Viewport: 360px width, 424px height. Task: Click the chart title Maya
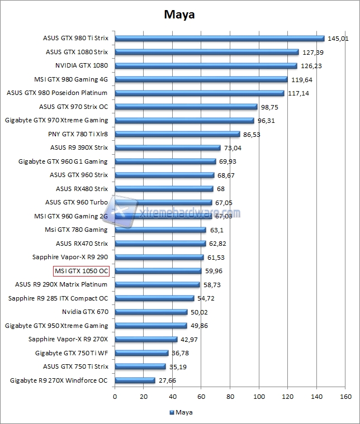click(x=179, y=15)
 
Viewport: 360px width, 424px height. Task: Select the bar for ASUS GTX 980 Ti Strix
click(x=220, y=39)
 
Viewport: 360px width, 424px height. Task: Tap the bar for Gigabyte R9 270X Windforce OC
click(x=135, y=380)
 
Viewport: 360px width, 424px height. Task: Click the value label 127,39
click(x=313, y=52)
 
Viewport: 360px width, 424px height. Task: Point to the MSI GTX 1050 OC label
click(x=81, y=271)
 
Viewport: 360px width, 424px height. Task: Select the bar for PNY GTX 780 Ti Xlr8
click(x=177, y=134)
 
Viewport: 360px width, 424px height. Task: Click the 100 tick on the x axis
click(x=259, y=397)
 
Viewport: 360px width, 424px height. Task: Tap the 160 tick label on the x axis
click(x=345, y=397)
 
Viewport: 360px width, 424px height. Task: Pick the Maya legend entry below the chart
click(x=179, y=413)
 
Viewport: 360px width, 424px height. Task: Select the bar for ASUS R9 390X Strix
click(x=168, y=148)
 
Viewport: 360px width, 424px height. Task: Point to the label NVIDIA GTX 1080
click(x=82, y=65)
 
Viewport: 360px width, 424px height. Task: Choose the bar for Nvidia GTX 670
click(x=151, y=312)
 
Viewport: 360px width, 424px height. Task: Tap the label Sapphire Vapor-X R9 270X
click(x=68, y=339)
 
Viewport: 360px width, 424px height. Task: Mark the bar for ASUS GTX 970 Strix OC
click(x=186, y=107)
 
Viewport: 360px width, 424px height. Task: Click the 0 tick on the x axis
click(x=115, y=397)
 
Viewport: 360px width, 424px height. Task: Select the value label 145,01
click(x=338, y=39)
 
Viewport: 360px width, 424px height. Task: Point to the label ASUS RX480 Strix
click(x=82, y=189)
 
